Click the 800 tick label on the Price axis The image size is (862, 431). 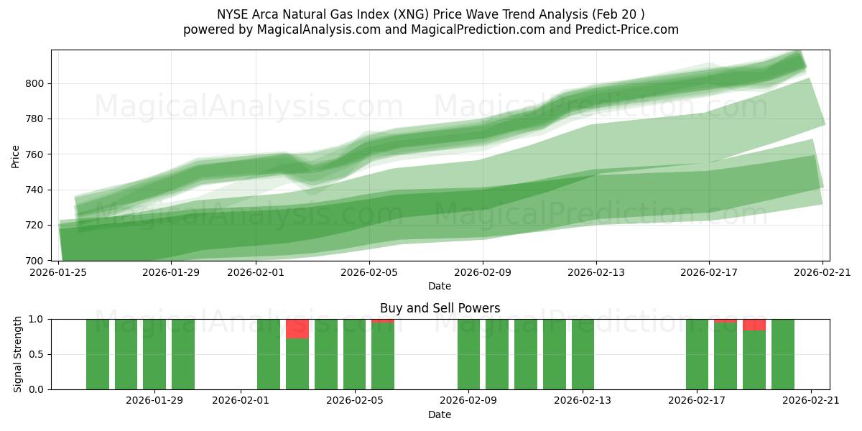pyautogui.click(x=35, y=83)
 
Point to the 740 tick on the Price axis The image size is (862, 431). pyautogui.click(x=35, y=190)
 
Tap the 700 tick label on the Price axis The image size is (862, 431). pyautogui.click(x=35, y=260)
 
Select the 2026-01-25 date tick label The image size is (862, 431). pyautogui.click(x=58, y=272)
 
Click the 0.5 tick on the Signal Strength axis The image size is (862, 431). pyautogui.click(x=35, y=354)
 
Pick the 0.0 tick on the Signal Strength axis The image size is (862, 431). pyautogui.click(x=35, y=389)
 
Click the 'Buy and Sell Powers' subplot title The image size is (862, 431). pyautogui.click(x=440, y=308)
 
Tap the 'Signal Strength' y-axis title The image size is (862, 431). pyautogui.click(x=18, y=354)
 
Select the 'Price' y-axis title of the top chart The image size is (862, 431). pyautogui.click(x=16, y=155)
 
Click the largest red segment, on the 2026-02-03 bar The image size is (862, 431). pyautogui.click(x=297, y=329)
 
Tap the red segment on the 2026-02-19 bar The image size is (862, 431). pyautogui.click(x=754, y=325)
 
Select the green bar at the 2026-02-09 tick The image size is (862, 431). pyautogui.click(x=468, y=354)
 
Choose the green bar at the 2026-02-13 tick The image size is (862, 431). pyautogui.click(x=583, y=354)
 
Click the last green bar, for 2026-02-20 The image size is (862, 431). pyautogui.click(x=783, y=354)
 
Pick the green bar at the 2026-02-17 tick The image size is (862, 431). pyautogui.click(x=697, y=354)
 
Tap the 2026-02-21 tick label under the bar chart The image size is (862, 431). pyautogui.click(x=811, y=401)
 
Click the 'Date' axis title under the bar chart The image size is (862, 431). pyautogui.click(x=440, y=414)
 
